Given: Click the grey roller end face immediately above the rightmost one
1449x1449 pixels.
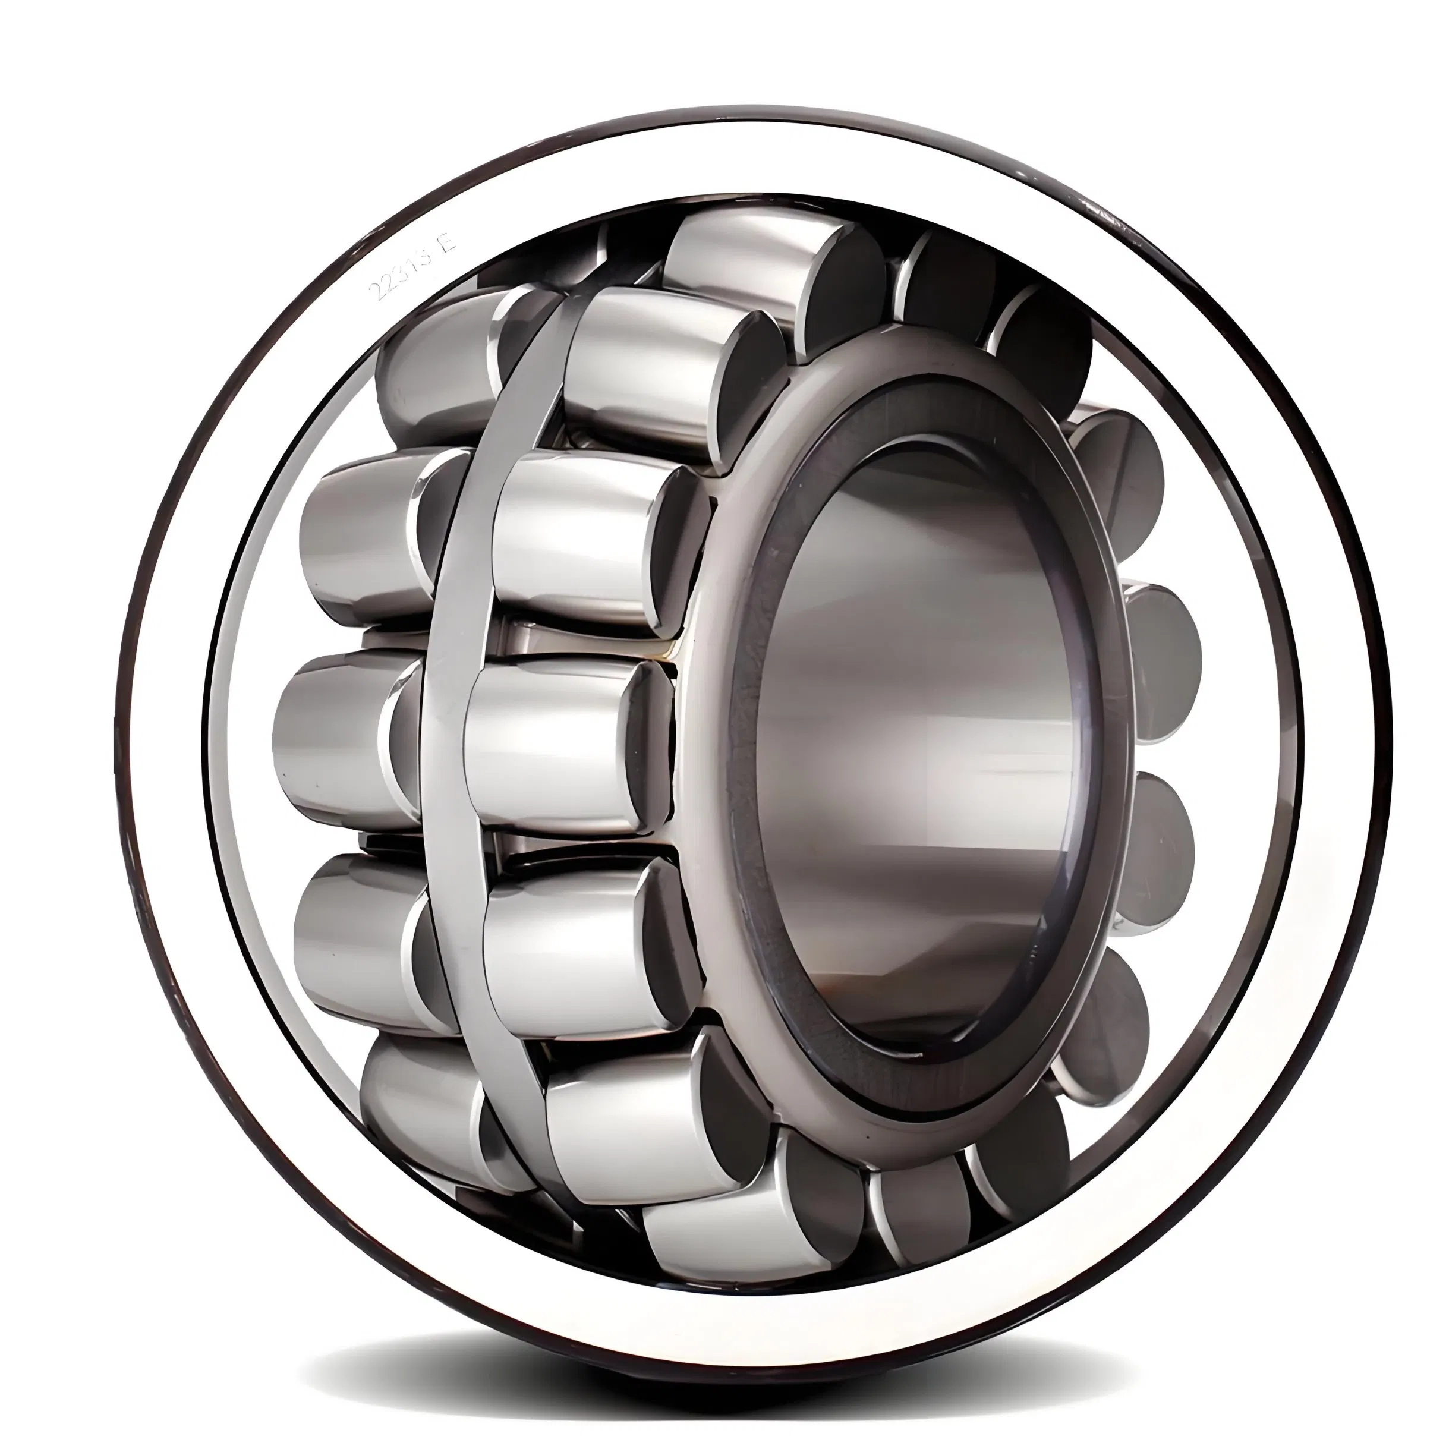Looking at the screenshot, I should click(x=1122, y=480).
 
